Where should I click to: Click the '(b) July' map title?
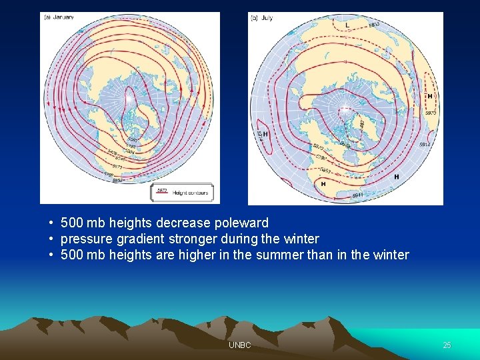[x=262, y=18]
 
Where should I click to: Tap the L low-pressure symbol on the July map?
[x=347, y=25]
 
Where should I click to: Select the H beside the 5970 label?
[x=430, y=97]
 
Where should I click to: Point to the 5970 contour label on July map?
[x=430, y=113]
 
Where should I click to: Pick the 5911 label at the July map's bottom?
[x=357, y=195]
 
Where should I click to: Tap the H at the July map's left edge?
[x=265, y=134]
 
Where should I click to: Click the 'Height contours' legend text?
[x=191, y=193]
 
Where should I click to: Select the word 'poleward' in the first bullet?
[x=241, y=223]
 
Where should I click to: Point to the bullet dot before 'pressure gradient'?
[x=51, y=239]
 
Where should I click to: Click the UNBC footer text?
[x=239, y=345]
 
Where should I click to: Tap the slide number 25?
[x=447, y=345]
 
